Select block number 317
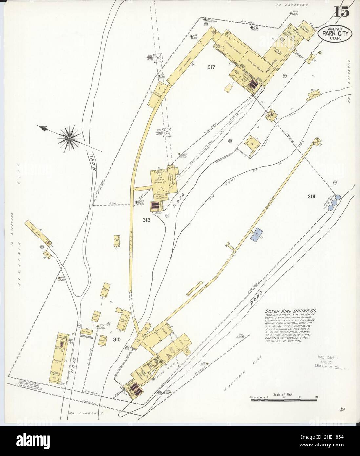click(x=211, y=67)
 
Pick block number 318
click(x=146, y=220)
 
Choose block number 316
click(x=311, y=197)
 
